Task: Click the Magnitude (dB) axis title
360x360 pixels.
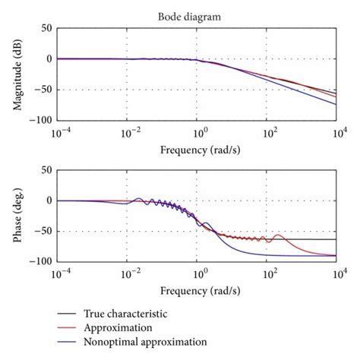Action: coord(18,74)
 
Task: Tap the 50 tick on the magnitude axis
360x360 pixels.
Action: coord(46,28)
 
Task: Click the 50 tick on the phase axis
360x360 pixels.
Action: coord(46,171)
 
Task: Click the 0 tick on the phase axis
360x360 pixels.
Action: coord(48,201)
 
